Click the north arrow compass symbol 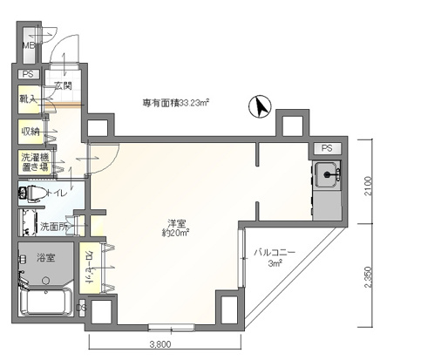(258, 107)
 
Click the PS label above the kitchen (326, 148)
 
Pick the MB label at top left (27, 44)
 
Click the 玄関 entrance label (63, 85)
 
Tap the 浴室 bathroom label (45, 258)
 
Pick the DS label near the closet (81, 307)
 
